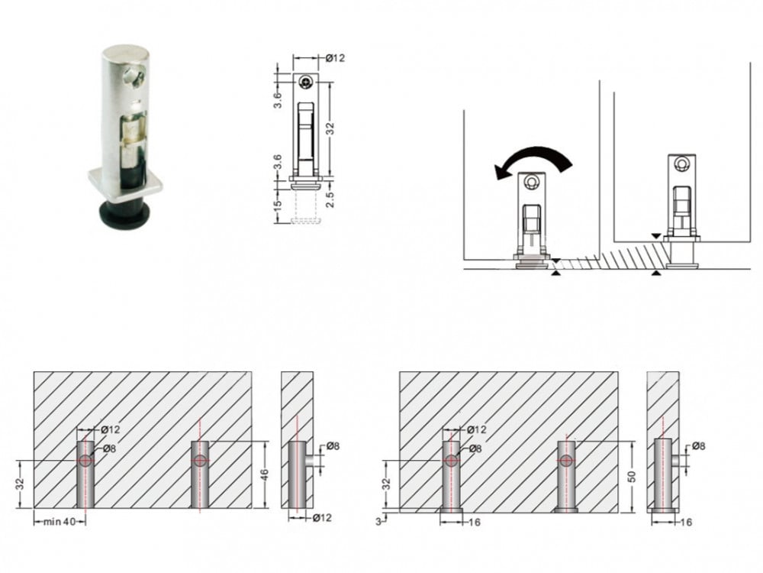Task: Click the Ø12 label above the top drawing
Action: [335, 58]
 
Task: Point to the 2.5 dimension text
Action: [330, 199]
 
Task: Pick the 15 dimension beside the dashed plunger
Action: [278, 206]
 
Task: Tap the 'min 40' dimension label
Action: [60, 522]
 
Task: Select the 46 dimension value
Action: [265, 474]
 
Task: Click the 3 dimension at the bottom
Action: [378, 522]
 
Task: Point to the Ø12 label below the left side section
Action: [322, 517]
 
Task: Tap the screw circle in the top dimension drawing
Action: [306, 83]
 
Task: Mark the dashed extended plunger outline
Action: [306, 208]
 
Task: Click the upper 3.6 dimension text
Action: [278, 100]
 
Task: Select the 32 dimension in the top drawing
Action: [330, 128]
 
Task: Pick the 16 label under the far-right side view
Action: [685, 523]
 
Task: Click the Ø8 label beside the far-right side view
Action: [698, 446]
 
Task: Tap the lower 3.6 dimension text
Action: [278, 162]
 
